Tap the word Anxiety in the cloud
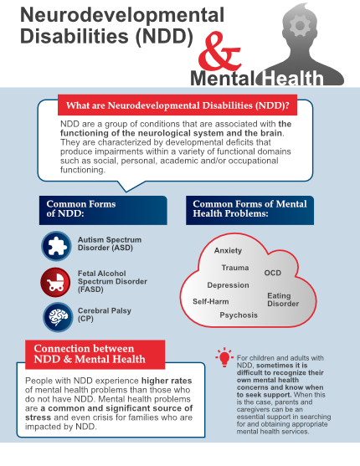(x=228, y=251)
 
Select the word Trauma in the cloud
(x=234, y=268)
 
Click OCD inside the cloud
(x=273, y=273)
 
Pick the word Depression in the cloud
(x=228, y=285)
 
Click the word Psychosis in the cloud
(x=239, y=315)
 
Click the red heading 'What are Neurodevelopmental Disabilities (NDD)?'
(x=173, y=105)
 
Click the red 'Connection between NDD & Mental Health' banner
(x=95, y=353)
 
